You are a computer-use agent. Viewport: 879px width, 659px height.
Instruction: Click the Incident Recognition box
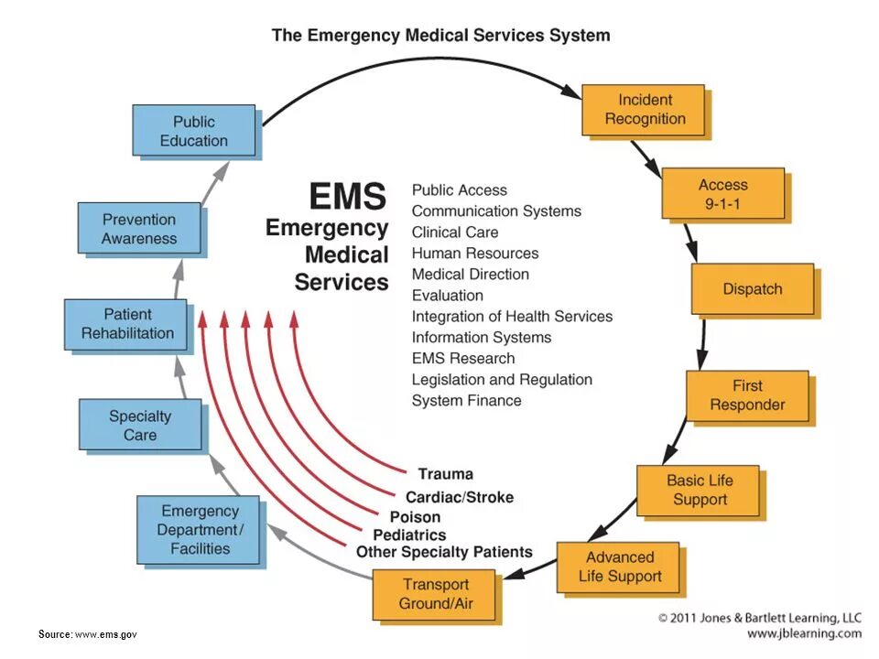[644, 110]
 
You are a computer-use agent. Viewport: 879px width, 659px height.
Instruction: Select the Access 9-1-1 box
[722, 194]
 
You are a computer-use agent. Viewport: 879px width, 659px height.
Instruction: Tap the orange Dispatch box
[752, 289]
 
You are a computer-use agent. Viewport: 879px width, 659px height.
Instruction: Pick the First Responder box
[747, 395]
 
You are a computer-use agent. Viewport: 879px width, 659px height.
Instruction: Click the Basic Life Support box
[699, 491]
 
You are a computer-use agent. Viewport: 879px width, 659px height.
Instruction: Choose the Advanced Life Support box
[619, 567]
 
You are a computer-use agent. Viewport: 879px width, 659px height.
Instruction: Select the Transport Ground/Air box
[434, 595]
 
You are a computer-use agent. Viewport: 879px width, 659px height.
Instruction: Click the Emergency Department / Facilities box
[199, 530]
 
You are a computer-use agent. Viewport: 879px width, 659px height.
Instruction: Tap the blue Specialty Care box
[139, 425]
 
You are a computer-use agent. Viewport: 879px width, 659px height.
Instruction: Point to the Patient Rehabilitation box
[126, 324]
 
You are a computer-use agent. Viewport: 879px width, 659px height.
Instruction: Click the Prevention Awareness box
[138, 229]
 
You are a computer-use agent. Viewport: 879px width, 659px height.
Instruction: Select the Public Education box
[193, 131]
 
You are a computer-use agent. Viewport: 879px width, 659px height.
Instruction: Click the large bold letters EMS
[348, 196]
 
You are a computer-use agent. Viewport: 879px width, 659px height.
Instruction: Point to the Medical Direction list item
[470, 275]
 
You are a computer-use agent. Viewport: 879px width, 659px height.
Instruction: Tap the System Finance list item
[466, 401]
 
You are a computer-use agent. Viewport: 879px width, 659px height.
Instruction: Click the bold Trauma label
[445, 474]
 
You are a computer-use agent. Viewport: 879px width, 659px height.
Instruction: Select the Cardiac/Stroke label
[459, 498]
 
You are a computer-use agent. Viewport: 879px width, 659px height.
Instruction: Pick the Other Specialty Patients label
[444, 552]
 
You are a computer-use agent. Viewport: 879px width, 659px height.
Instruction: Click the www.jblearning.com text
[804, 633]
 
